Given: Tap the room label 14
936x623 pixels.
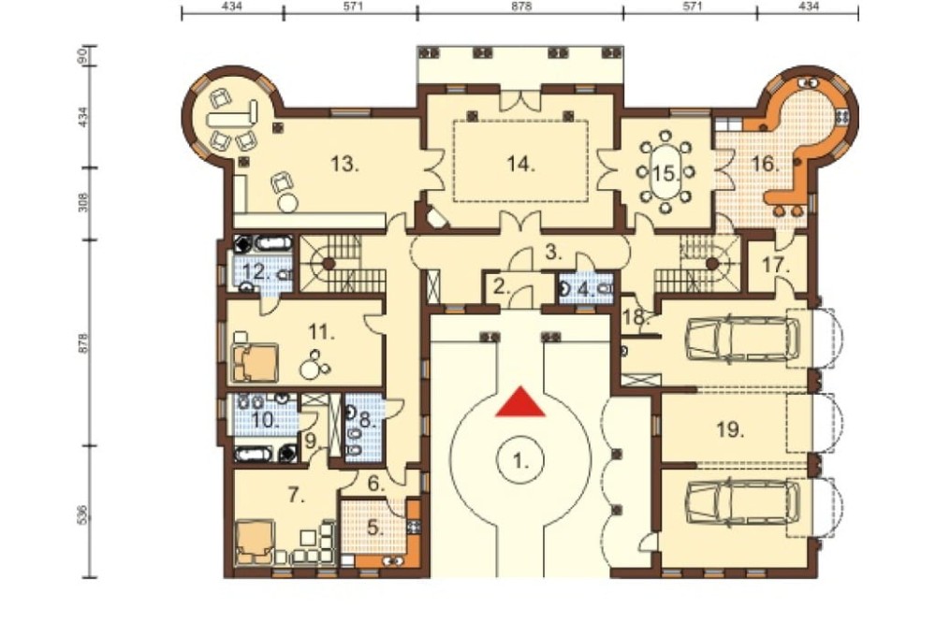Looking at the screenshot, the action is [x=520, y=163].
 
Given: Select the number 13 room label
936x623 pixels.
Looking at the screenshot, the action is [x=345, y=163].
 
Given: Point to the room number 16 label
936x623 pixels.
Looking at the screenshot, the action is [x=764, y=163].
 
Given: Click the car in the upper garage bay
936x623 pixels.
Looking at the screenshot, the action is [x=742, y=340].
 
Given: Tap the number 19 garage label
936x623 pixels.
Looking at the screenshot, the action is [x=730, y=429].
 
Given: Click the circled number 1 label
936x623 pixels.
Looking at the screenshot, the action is [x=520, y=460].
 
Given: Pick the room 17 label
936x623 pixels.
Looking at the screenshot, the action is [x=776, y=265].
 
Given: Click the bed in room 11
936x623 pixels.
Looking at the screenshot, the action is [x=256, y=362].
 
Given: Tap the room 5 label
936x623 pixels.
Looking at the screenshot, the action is [x=375, y=528].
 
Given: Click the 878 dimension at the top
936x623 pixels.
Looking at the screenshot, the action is [x=521, y=7].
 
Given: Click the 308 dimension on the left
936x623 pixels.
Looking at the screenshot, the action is [x=83, y=202].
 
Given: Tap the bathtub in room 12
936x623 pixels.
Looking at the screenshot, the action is [x=273, y=243].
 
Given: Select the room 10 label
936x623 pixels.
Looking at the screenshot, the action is [x=265, y=419].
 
